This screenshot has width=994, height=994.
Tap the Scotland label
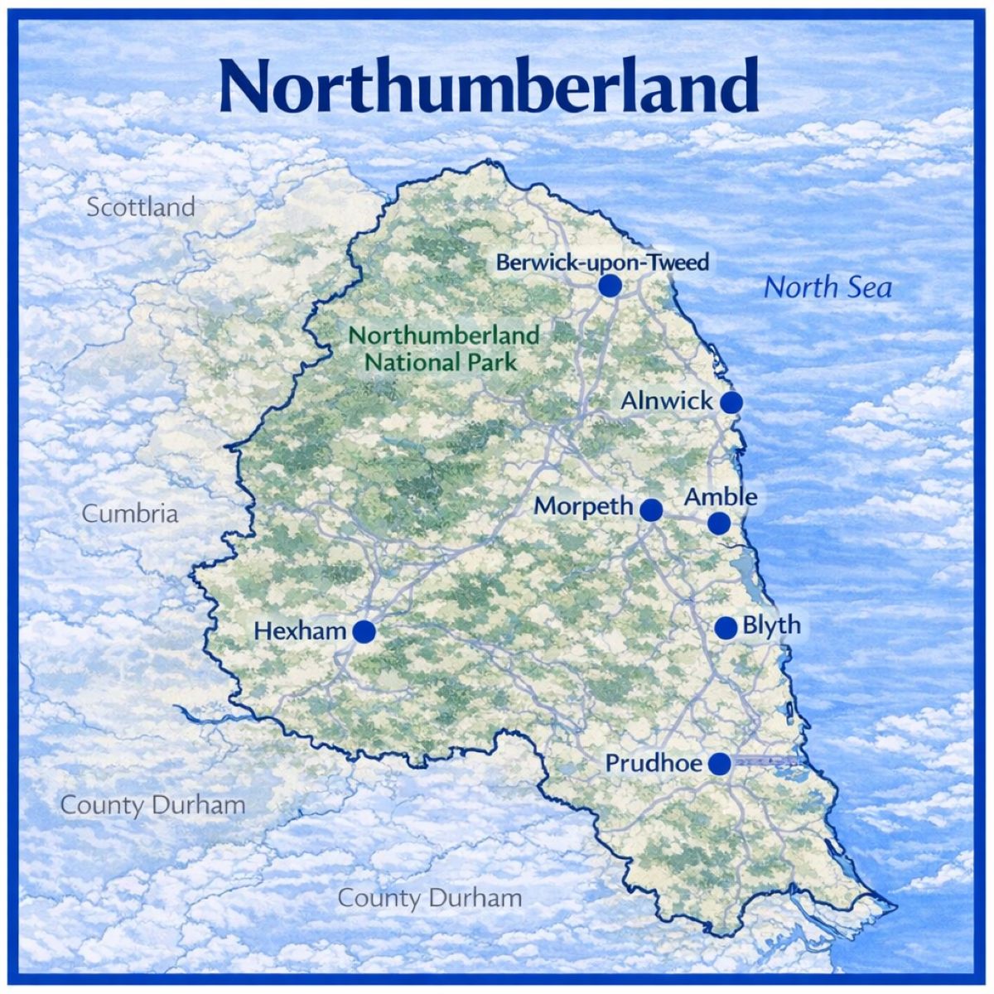[x=141, y=207]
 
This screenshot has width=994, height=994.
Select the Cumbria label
[x=130, y=514]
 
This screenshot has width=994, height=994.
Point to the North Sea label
[x=828, y=287]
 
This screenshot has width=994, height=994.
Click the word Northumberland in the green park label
[x=443, y=335]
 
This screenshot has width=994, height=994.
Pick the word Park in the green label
[x=490, y=362]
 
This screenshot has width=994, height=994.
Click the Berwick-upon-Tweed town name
[x=602, y=263]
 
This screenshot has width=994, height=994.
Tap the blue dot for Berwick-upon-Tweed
[x=610, y=286]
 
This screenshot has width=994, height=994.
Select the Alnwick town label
[x=666, y=401]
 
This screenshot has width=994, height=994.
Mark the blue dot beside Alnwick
[x=731, y=403]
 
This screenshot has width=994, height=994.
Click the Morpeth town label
[x=583, y=505]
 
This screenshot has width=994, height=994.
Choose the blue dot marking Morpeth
[x=651, y=509]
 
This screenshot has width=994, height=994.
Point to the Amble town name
[x=721, y=497]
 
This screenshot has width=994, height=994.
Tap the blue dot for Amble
[x=718, y=524]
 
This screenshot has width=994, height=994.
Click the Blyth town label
[x=771, y=625]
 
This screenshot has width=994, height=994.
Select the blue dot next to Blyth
[x=726, y=628]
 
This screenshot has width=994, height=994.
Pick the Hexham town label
[x=300, y=631]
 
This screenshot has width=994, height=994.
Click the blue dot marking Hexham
[x=364, y=632]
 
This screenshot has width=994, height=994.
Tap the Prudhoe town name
[x=654, y=763]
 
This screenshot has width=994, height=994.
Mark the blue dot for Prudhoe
[x=720, y=764]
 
